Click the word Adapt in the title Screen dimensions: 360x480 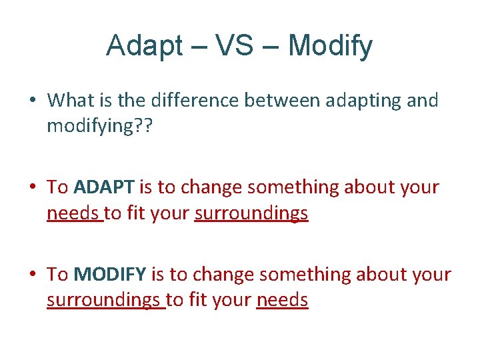[143, 46]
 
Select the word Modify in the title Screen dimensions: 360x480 [330, 46]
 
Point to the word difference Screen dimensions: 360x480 [189, 101]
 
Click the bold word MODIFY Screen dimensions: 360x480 [110, 275]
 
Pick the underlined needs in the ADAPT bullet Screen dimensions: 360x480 [73, 214]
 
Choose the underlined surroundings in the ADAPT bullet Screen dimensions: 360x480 [251, 214]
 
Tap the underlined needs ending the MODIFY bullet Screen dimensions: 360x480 [282, 301]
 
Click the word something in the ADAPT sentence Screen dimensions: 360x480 [293, 188]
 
